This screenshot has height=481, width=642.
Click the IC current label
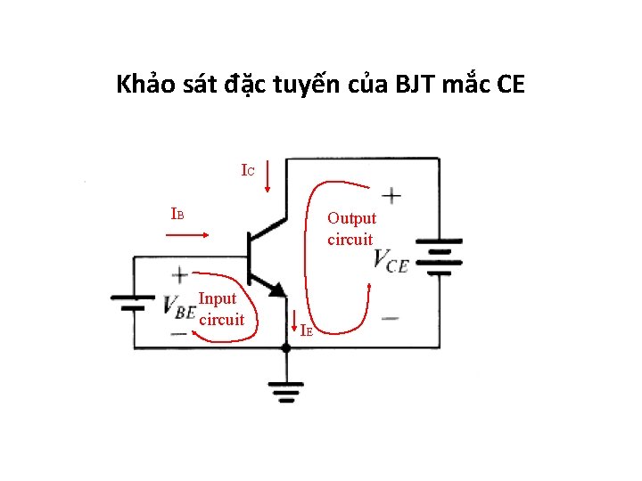click(x=249, y=169)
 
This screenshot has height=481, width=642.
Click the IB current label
click(x=177, y=214)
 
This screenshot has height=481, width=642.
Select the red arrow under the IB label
click(x=187, y=235)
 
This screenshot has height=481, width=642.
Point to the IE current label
click(x=306, y=330)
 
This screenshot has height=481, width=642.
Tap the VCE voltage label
click(x=391, y=261)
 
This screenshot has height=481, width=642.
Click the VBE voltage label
click(x=179, y=307)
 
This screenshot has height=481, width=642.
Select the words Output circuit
click(x=351, y=229)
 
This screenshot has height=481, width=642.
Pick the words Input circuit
click(x=220, y=309)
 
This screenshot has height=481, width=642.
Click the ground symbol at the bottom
click(x=286, y=389)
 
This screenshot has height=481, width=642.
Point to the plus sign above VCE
click(x=391, y=195)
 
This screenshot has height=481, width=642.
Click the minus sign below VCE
click(x=390, y=318)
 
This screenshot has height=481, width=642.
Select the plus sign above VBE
click(x=179, y=275)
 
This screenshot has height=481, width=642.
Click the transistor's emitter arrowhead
click(x=278, y=289)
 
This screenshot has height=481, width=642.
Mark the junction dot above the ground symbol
click(x=286, y=348)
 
